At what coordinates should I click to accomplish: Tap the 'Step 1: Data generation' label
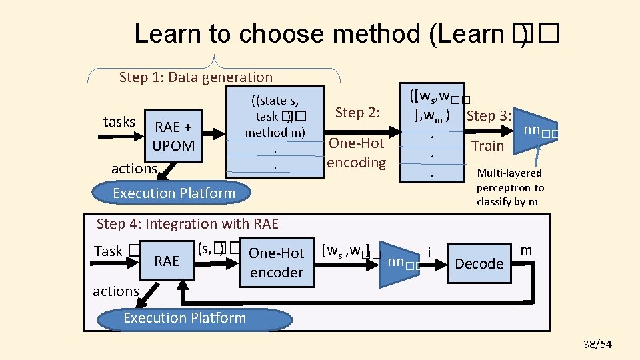tap(195, 77)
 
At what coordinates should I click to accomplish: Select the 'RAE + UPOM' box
tap(174, 136)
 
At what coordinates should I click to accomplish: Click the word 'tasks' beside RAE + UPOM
tap(119, 122)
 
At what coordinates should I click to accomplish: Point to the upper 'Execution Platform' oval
tap(174, 193)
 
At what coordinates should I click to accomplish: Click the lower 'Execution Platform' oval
tap(185, 318)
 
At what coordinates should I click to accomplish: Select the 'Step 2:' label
tap(357, 113)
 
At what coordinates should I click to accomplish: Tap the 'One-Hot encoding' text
tap(356, 153)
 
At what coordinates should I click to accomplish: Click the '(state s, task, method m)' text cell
tap(275, 117)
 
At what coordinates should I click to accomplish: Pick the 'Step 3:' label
tap(489, 116)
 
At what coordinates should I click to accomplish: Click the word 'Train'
tap(487, 145)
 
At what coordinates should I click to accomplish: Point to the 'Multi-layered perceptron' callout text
tap(510, 187)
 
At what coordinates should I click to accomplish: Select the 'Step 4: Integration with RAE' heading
tap(187, 224)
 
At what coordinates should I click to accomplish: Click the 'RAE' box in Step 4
tap(167, 261)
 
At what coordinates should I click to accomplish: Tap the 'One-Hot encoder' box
tap(276, 263)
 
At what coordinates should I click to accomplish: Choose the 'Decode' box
tap(479, 263)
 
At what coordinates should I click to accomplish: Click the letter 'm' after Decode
tap(526, 250)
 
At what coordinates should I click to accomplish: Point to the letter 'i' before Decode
tap(430, 251)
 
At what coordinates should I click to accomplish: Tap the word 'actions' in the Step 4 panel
tap(116, 291)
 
